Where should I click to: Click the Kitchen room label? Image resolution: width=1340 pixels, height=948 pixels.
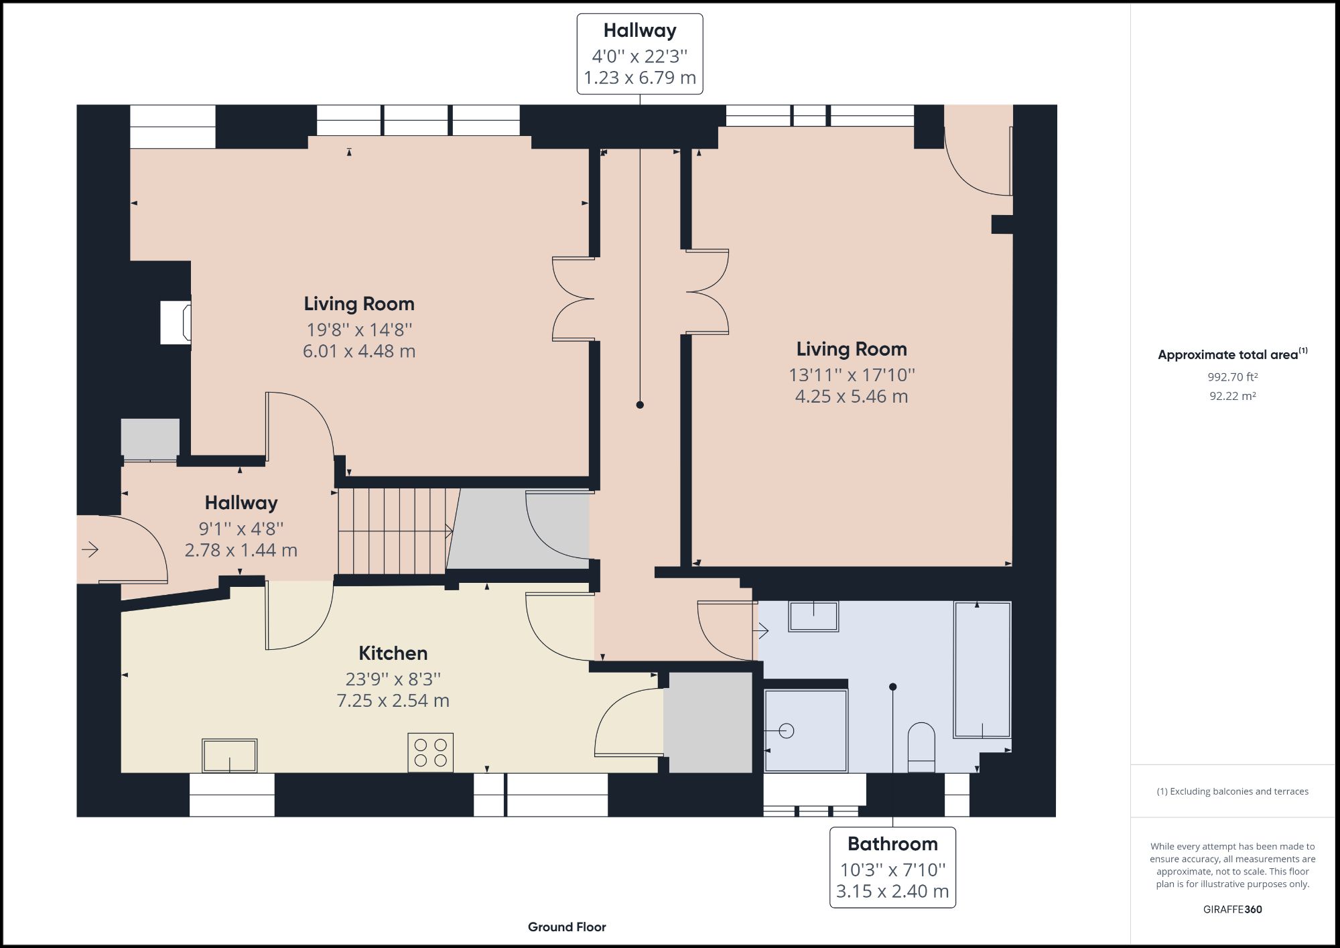(x=393, y=653)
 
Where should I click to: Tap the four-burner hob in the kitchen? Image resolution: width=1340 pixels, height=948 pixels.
(x=430, y=753)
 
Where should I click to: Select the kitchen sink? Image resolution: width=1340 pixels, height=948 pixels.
(x=230, y=756)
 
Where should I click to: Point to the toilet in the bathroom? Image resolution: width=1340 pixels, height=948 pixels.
(x=921, y=747)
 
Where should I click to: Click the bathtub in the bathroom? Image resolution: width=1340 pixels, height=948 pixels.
(x=983, y=670)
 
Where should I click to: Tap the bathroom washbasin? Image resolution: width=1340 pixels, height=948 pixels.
(x=814, y=616)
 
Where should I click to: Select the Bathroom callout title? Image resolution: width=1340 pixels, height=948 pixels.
(x=892, y=844)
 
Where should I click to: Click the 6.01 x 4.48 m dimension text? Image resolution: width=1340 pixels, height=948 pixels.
(x=359, y=351)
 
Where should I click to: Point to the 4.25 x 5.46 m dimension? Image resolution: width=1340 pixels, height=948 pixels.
(x=852, y=397)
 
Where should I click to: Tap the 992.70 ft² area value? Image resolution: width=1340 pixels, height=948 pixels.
(x=1233, y=377)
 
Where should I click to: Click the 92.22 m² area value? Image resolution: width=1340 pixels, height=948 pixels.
(x=1233, y=396)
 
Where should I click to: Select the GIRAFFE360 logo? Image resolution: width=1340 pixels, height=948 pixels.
(x=1233, y=909)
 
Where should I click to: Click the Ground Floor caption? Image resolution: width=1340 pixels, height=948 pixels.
(x=567, y=927)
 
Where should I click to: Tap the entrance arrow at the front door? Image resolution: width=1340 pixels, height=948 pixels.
(x=90, y=550)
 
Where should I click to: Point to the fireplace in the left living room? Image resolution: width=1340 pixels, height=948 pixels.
(x=176, y=323)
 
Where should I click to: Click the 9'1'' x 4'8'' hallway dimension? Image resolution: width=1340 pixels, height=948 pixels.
(x=241, y=529)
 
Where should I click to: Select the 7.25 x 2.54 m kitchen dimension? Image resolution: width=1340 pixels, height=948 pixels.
(x=393, y=701)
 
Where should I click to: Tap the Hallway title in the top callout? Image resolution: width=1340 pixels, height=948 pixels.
(x=640, y=31)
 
